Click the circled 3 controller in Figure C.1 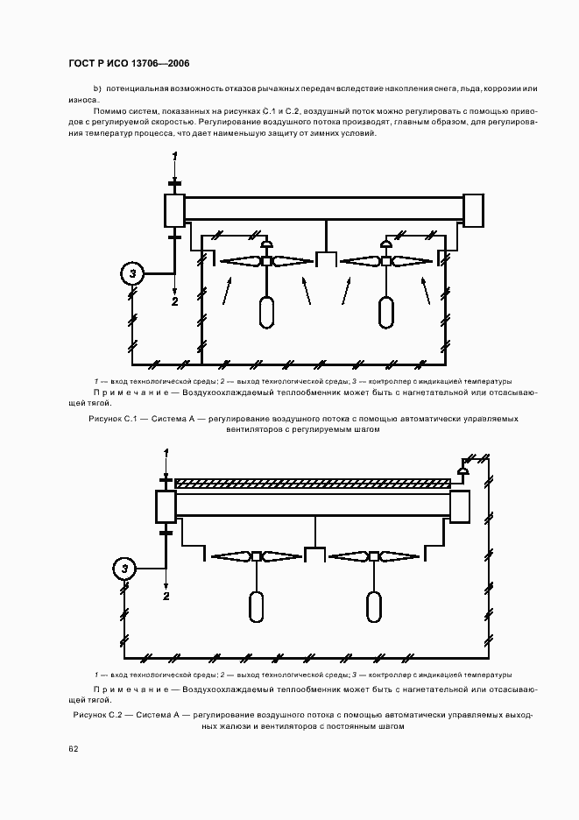point(132,274)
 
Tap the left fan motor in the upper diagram point(266,313)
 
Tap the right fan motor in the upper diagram point(385,313)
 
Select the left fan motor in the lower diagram point(256,605)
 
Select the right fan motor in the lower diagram point(373,605)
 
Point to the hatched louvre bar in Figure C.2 point(313,482)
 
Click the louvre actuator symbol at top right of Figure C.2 point(463,471)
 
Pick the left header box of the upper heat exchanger point(173,211)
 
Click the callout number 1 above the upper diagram point(174,156)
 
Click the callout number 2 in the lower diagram point(165,596)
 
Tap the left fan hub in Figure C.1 point(266,261)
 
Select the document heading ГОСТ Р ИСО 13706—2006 point(129,63)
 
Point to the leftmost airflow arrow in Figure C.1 point(227,290)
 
